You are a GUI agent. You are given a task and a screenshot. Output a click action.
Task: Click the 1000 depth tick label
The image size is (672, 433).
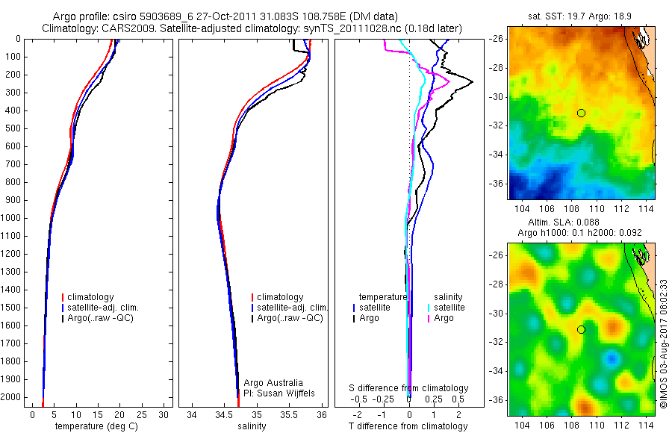[12, 218]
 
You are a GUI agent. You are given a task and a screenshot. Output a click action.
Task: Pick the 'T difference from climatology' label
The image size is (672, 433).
[408, 426]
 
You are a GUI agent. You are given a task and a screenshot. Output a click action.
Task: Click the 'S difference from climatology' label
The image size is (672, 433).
[408, 388]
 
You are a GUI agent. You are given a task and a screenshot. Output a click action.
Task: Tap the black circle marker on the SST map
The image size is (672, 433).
[581, 113]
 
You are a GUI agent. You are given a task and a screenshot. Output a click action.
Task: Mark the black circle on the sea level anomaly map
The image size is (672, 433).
[581, 329]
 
